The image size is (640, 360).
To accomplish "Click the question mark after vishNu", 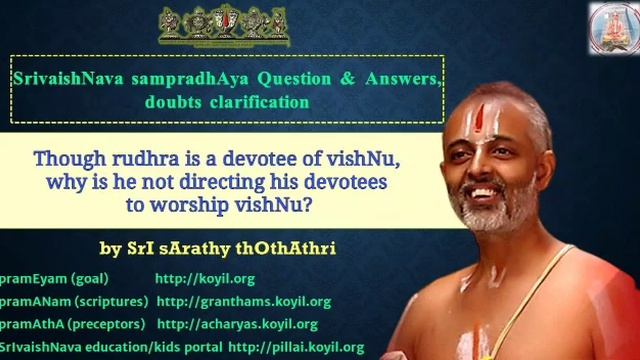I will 326,204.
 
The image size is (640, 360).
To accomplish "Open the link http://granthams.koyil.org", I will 243,301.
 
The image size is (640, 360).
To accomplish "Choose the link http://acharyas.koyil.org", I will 237,324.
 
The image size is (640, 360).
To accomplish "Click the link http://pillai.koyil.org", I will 296,347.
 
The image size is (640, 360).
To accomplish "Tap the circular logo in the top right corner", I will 612,27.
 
